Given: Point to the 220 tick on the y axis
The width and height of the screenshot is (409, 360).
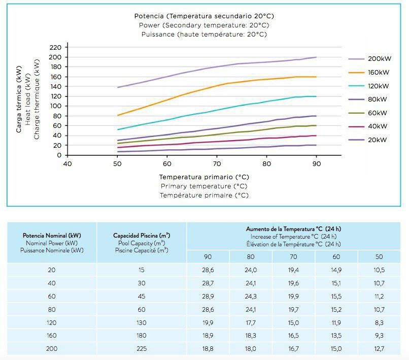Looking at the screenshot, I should click(x=55, y=47).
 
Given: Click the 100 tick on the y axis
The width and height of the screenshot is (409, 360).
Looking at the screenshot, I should click(x=55, y=106).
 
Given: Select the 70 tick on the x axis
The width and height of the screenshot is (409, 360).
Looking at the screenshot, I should click(x=216, y=163).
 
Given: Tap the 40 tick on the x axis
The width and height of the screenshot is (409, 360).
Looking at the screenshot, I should click(x=66, y=163).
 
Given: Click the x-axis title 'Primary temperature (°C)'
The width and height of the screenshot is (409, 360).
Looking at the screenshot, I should click(x=204, y=186).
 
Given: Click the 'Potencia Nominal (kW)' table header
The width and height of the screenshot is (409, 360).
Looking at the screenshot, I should click(x=52, y=236).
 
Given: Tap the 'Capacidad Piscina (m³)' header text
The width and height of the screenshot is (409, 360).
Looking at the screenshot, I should click(x=141, y=236).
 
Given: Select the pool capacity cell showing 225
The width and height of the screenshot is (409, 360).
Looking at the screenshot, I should click(x=141, y=349).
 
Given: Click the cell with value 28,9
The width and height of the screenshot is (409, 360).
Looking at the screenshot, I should click(x=208, y=297).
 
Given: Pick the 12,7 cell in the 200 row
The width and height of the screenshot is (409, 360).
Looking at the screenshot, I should click(x=379, y=349).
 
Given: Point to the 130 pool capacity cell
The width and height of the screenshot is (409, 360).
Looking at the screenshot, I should click(x=141, y=322).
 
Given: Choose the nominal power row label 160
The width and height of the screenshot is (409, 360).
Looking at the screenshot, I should click(x=52, y=336).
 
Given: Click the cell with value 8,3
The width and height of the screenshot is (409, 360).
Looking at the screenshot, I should click(x=379, y=322).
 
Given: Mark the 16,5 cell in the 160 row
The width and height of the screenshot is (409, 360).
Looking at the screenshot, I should click(x=293, y=336).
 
